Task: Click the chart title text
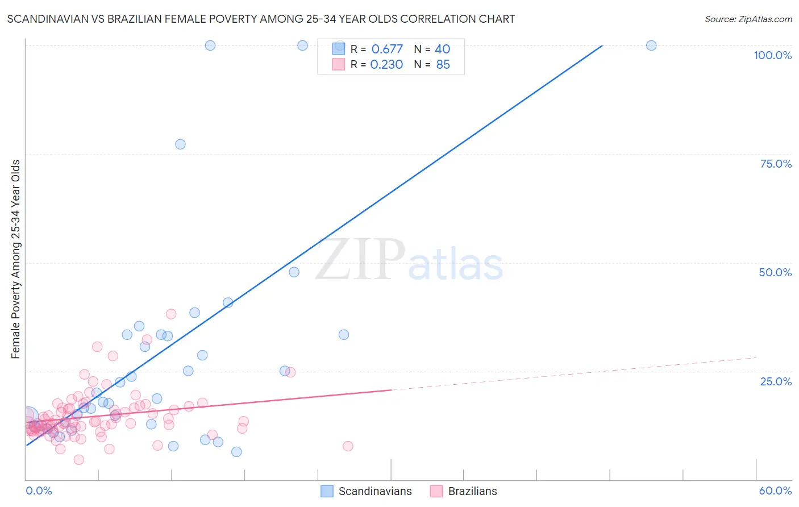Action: point(261,19)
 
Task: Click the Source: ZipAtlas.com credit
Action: point(748,19)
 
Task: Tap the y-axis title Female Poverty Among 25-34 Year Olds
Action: point(16,259)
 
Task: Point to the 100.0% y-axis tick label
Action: point(772,55)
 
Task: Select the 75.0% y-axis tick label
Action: point(776,164)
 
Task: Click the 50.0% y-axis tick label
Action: point(775,272)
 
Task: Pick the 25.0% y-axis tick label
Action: point(776,381)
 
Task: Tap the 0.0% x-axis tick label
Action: point(39,491)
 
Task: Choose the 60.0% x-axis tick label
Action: point(775,491)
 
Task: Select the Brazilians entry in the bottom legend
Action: point(472,491)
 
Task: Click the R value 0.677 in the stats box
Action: point(386,49)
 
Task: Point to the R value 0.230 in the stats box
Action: point(386,64)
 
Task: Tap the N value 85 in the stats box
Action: point(443,64)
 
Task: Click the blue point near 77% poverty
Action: point(180,144)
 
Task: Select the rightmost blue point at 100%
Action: point(651,45)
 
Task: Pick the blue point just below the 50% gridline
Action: point(294,272)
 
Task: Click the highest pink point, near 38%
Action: point(171,314)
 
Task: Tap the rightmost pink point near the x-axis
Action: point(348,446)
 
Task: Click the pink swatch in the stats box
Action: point(338,64)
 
